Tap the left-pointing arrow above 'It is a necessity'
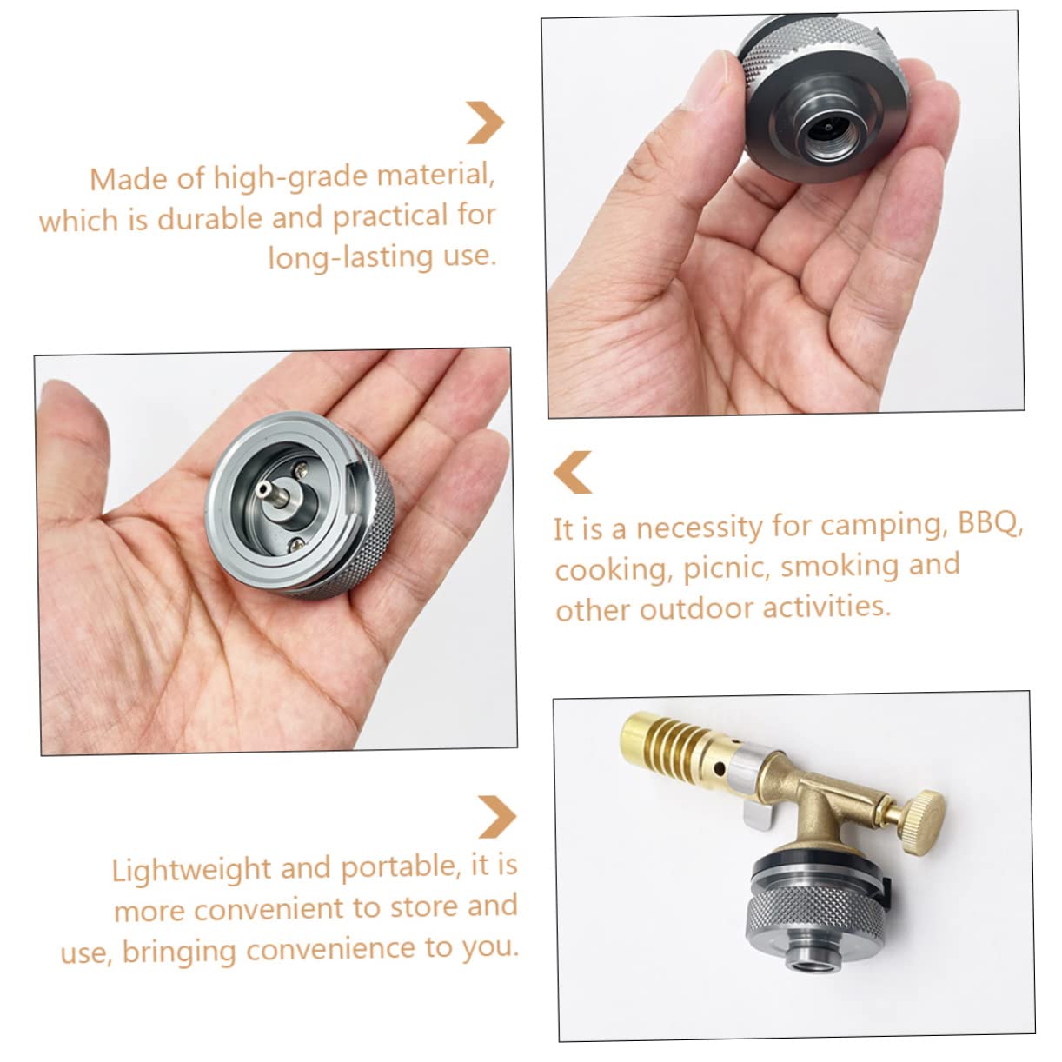click(x=573, y=472)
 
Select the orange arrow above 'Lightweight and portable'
click(x=497, y=816)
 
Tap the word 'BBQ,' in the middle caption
click(x=991, y=525)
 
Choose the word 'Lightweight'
click(x=192, y=870)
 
